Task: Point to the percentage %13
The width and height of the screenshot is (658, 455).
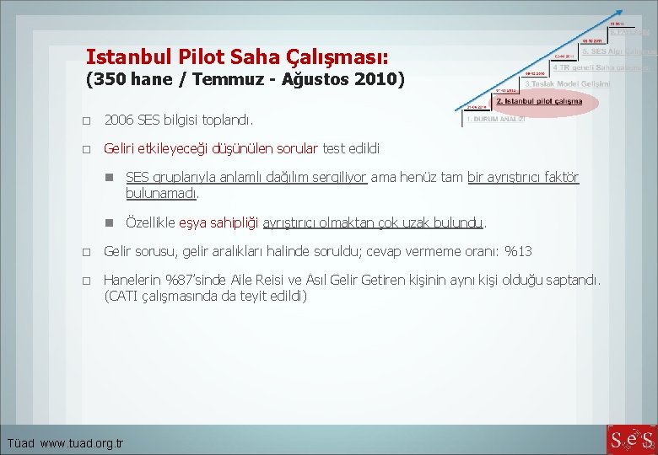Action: [x=518, y=251]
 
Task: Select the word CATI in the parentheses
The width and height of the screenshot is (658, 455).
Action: [x=122, y=296]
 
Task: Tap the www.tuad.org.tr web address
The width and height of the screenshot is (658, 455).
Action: [x=82, y=443]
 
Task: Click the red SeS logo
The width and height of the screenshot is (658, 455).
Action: [x=629, y=440]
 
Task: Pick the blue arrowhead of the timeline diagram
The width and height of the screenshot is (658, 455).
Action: [x=621, y=12]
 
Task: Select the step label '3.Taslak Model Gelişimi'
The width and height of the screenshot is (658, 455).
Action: [x=567, y=84]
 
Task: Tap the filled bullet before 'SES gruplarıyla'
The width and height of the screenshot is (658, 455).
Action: [x=109, y=178]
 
